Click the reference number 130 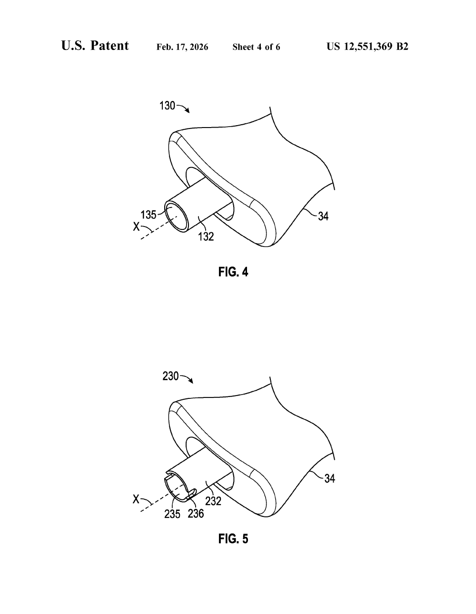[x=168, y=106]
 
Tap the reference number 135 [x=149, y=215]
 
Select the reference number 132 [x=206, y=236]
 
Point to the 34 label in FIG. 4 [x=323, y=217]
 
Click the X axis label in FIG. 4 [x=137, y=227]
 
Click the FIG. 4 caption [x=233, y=272]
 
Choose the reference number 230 [x=170, y=376]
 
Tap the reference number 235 [x=172, y=514]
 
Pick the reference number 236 [x=196, y=514]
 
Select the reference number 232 [x=213, y=501]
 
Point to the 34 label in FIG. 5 [x=330, y=479]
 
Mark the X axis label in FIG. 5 [x=136, y=499]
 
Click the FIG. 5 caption [x=233, y=539]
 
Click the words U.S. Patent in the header [x=95, y=46]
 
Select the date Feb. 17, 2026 [x=182, y=47]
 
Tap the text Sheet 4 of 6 [x=256, y=47]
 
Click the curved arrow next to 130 [x=184, y=108]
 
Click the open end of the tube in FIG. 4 [x=177, y=216]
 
